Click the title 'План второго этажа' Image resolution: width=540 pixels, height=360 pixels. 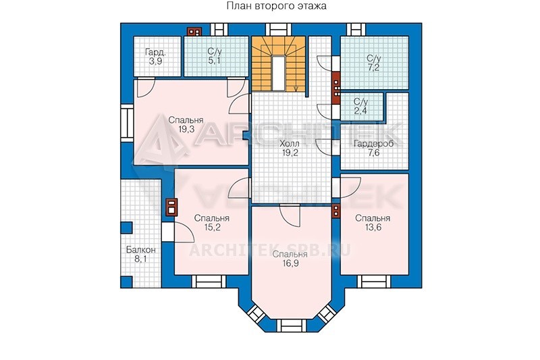point(277,6)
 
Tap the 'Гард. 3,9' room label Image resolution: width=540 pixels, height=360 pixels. point(156,57)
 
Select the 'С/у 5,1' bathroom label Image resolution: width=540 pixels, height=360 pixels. point(214,57)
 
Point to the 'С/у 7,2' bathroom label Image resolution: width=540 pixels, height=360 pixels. point(373,62)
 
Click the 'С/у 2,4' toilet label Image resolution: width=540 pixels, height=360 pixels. point(360,106)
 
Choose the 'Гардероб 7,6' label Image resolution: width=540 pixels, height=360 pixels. point(373,148)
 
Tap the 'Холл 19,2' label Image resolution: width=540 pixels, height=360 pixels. point(290,148)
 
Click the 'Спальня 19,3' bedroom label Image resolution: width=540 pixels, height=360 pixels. point(186,124)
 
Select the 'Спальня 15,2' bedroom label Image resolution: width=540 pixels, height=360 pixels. point(212,222)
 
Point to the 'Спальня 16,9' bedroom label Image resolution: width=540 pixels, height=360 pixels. point(290,259)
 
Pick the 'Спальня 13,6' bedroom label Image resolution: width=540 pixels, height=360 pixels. point(373,222)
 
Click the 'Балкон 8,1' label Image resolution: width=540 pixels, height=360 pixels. point(140,254)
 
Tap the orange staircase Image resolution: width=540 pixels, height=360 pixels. point(279,63)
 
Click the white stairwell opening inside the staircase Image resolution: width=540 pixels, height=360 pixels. point(279,73)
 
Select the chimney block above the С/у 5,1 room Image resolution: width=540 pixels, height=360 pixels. point(194,32)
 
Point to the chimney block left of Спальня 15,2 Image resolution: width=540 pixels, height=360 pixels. point(171,207)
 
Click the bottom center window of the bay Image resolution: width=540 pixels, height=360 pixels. point(291,326)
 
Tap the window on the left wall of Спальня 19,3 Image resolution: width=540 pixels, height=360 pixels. point(127,124)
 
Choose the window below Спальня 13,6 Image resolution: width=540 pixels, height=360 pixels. point(375,281)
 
